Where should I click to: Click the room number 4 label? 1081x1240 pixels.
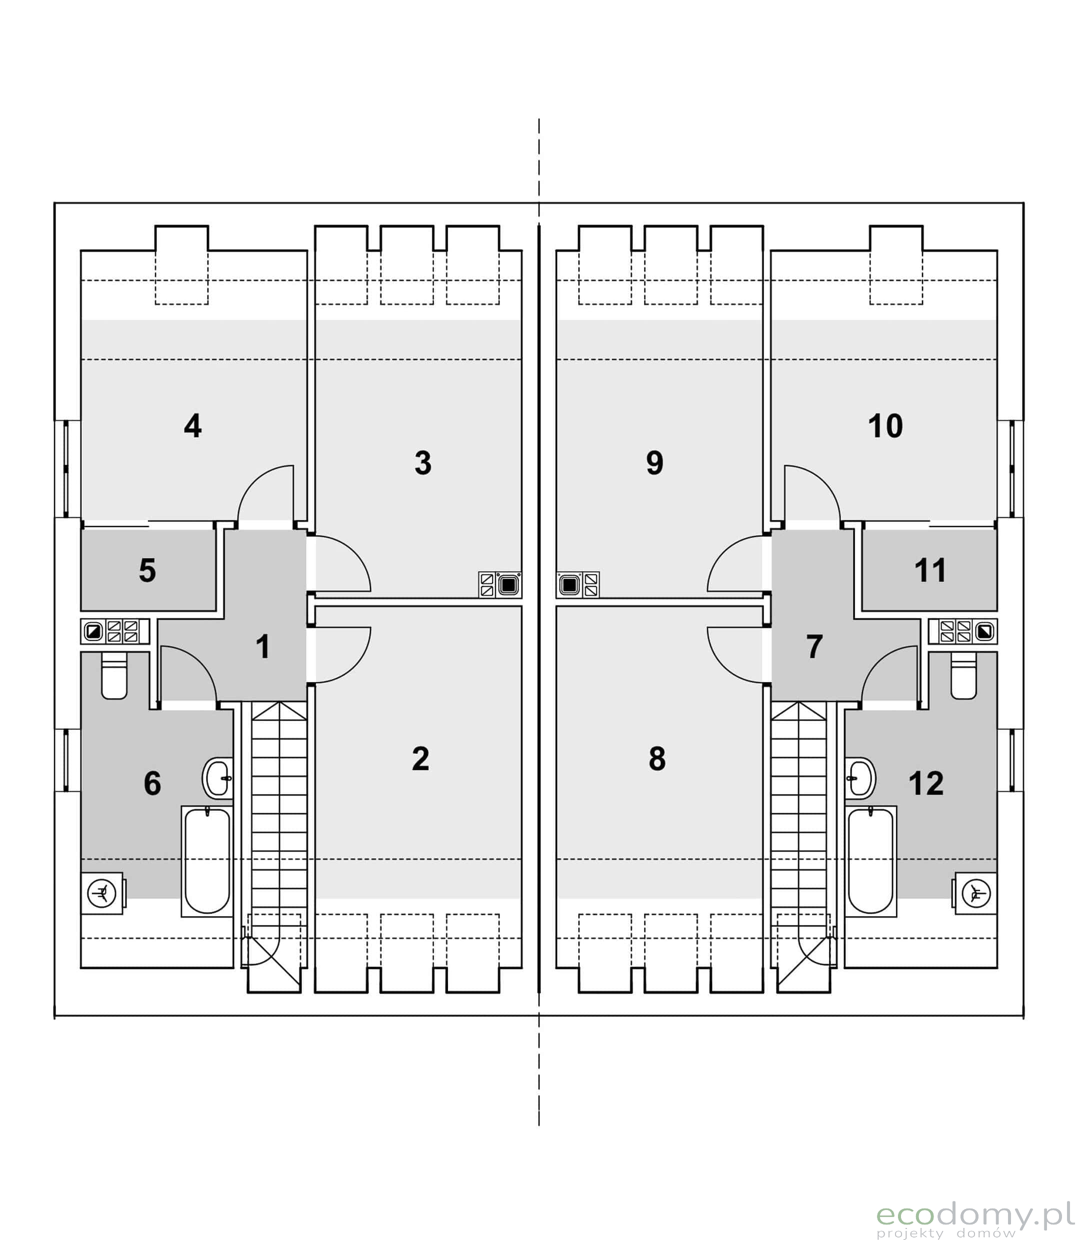click(x=192, y=426)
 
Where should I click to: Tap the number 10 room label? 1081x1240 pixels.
click(x=885, y=426)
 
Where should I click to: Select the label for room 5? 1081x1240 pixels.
click(x=147, y=570)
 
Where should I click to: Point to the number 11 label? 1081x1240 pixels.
click(x=929, y=570)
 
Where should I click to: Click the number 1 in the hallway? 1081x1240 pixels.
click(x=262, y=646)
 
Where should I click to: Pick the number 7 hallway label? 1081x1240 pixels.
click(x=814, y=646)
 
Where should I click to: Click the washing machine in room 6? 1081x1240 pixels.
click(x=102, y=893)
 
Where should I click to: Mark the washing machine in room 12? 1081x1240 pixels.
click(x=975, y=893)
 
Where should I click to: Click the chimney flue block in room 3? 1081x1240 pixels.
click(x=500, y=584)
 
